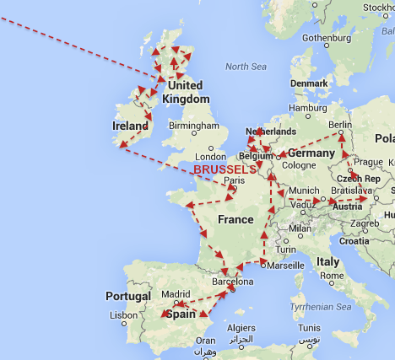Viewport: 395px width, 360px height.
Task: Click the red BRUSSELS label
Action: point(225,169)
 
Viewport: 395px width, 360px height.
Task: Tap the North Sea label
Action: point(246,66)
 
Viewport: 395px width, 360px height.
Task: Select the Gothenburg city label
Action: point(326,38)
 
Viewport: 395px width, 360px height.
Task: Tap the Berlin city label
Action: point(339,125)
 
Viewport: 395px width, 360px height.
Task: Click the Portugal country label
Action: point(128,296)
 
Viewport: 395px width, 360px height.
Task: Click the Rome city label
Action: point(332,276)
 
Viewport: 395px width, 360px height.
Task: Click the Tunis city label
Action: point(309,327)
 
